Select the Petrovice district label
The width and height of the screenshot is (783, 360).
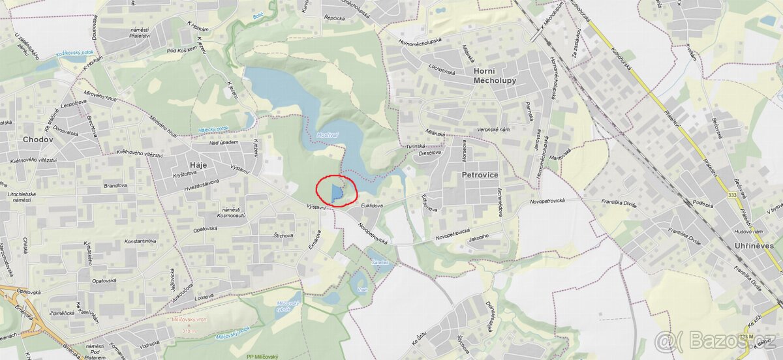click(x=480, y=175)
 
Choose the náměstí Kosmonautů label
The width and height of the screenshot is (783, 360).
click(x=232, y=211)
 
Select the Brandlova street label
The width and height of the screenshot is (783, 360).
click(x=115, y=185)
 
